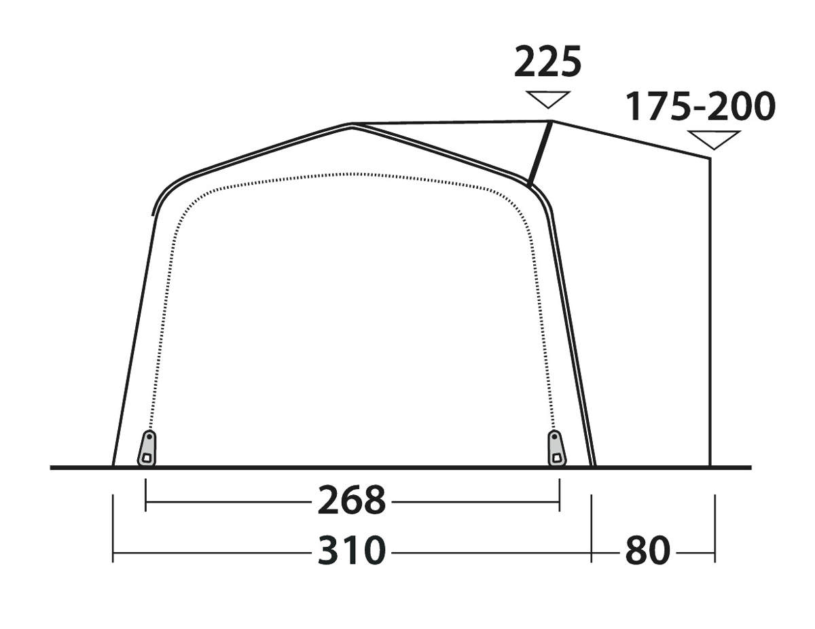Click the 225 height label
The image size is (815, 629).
click(x=547, y=61)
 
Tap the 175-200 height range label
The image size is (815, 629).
click(x=700, y=107)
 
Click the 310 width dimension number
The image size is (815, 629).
click(x=351, y=551)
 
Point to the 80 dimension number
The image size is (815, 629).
click(x=648, y=551)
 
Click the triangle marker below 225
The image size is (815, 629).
click(x=548, y=99)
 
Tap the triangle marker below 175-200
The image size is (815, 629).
click(x=714, y=140)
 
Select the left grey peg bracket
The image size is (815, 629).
click(x=147, y=449)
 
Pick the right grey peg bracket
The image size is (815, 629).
click(x=556, y=449)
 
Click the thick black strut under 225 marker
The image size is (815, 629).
click(x=540, y=154)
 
